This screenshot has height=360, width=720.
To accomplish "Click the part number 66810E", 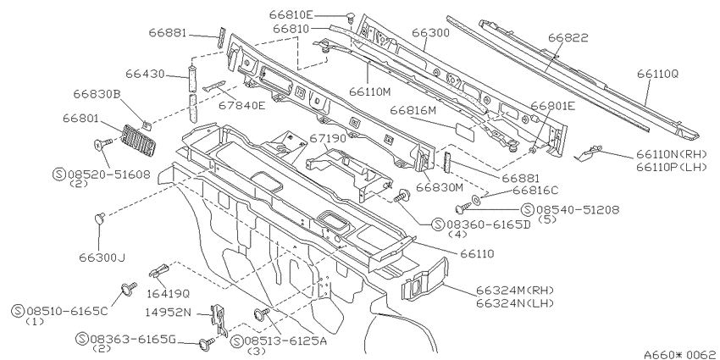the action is (x=291, y=15).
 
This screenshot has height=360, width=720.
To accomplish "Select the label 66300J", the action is (x=102, y=258).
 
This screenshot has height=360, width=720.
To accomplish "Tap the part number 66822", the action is (x=568, y=37).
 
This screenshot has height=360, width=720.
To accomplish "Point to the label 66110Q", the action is (x=657, y=74).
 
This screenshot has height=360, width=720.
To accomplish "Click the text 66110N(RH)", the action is (x=671, y=154).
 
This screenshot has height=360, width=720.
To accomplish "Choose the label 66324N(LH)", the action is (x=515, y=303).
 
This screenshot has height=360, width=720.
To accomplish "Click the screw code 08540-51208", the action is (x=578, y=210).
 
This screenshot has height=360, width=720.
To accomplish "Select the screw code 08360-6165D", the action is (x=488, y=224).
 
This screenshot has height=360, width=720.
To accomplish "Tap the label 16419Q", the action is (x=168, y=293).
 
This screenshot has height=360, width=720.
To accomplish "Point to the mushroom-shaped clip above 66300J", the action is (x=99, y=218).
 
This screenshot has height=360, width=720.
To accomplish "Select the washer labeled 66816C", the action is (x=476, y=199).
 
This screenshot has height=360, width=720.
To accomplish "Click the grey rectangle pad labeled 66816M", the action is (x=466, y=130).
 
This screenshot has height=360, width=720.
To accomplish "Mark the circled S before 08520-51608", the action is (x=58, y=174).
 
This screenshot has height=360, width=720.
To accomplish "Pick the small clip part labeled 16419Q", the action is (x=159, y=271).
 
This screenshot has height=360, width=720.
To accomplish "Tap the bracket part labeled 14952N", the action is (x=219, y=319).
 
